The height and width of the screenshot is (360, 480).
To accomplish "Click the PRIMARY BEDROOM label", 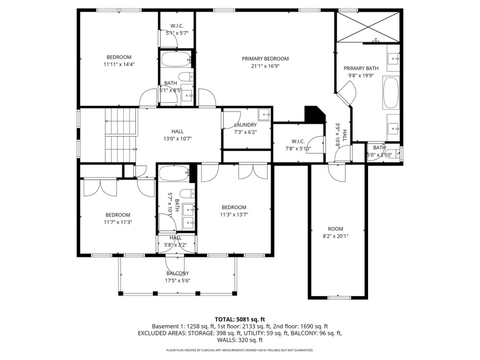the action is [265, 59].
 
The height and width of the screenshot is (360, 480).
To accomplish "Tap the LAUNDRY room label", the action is [245, 125].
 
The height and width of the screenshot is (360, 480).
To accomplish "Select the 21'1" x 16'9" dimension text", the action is [265, 66].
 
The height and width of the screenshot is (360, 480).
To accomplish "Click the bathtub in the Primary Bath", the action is [391, 93].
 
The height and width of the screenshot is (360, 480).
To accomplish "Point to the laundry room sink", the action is [264, 115].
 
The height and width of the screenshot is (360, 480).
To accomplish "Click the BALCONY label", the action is [178, 274].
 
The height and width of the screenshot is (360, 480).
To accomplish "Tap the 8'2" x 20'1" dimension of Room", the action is [335, 236].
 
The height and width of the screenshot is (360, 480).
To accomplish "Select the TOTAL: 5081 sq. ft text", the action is [239, 320].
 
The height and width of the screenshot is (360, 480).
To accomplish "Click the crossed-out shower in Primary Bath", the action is [368, 27].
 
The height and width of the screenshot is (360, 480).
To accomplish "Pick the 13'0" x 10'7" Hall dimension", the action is [178, 139].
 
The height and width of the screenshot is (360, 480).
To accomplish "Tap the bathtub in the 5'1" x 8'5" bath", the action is [175, 59].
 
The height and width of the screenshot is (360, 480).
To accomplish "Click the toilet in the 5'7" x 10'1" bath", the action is [187, 194].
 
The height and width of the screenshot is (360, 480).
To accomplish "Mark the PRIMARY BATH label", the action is [361, 68].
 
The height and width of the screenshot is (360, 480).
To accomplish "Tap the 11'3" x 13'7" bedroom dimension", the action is [234, 214].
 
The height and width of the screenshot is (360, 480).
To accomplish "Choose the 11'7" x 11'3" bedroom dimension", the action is [118, 222].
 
